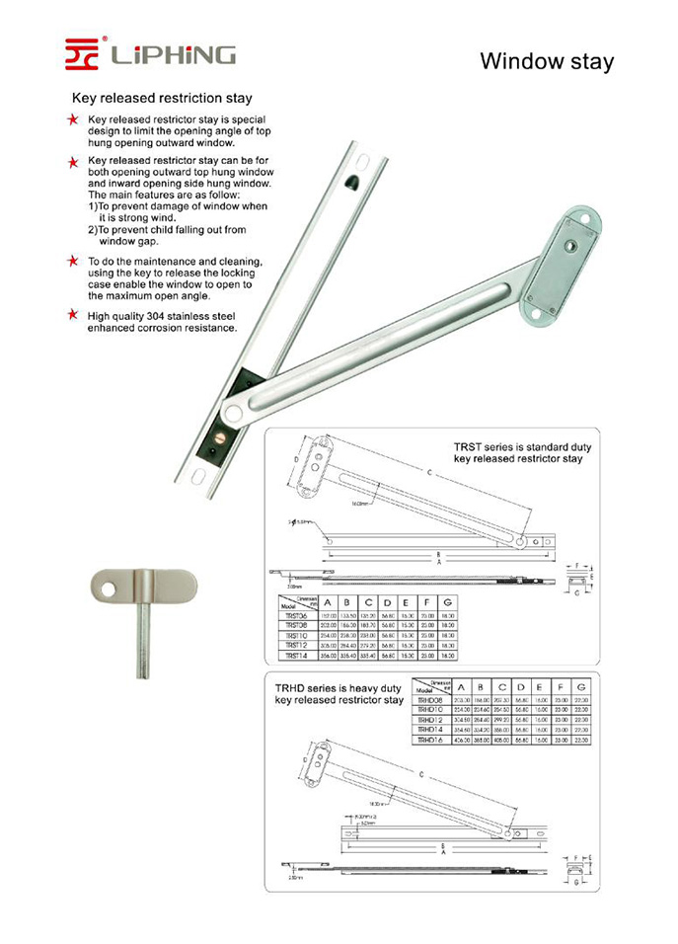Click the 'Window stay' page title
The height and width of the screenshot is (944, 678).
546,61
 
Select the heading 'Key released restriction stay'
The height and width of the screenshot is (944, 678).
162,99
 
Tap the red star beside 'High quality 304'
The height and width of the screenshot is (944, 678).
73,315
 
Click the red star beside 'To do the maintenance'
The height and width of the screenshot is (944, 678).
73,261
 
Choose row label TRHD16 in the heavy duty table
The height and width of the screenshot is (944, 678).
431,739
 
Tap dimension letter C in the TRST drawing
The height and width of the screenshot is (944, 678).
428,474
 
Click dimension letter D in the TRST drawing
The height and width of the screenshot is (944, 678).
295,460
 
